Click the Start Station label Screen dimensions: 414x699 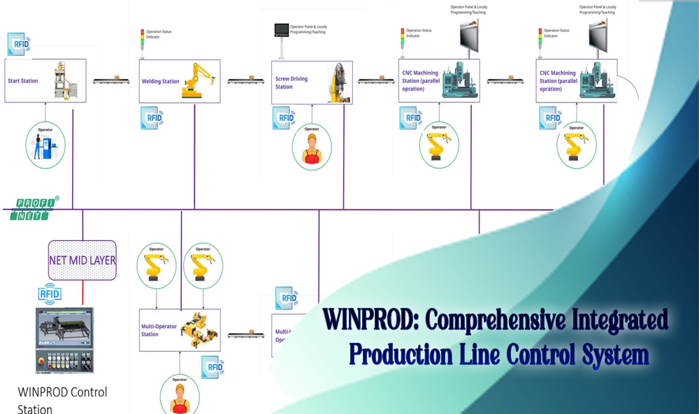(x=23, y=81)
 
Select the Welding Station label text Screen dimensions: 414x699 (x=160, y=82)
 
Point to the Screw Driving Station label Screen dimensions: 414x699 (x=291, y=82)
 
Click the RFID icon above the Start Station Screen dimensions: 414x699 (x=19, y=44)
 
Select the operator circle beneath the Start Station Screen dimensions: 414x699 (x=45, y=145)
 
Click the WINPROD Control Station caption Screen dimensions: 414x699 (x=62, y=399)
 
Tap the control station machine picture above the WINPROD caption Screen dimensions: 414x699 (x=64, y=339)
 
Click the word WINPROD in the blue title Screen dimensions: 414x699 (x=371, y=320)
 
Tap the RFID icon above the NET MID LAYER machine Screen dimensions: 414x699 (x=50, y=294)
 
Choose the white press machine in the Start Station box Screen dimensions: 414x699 (x=65, y=82)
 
